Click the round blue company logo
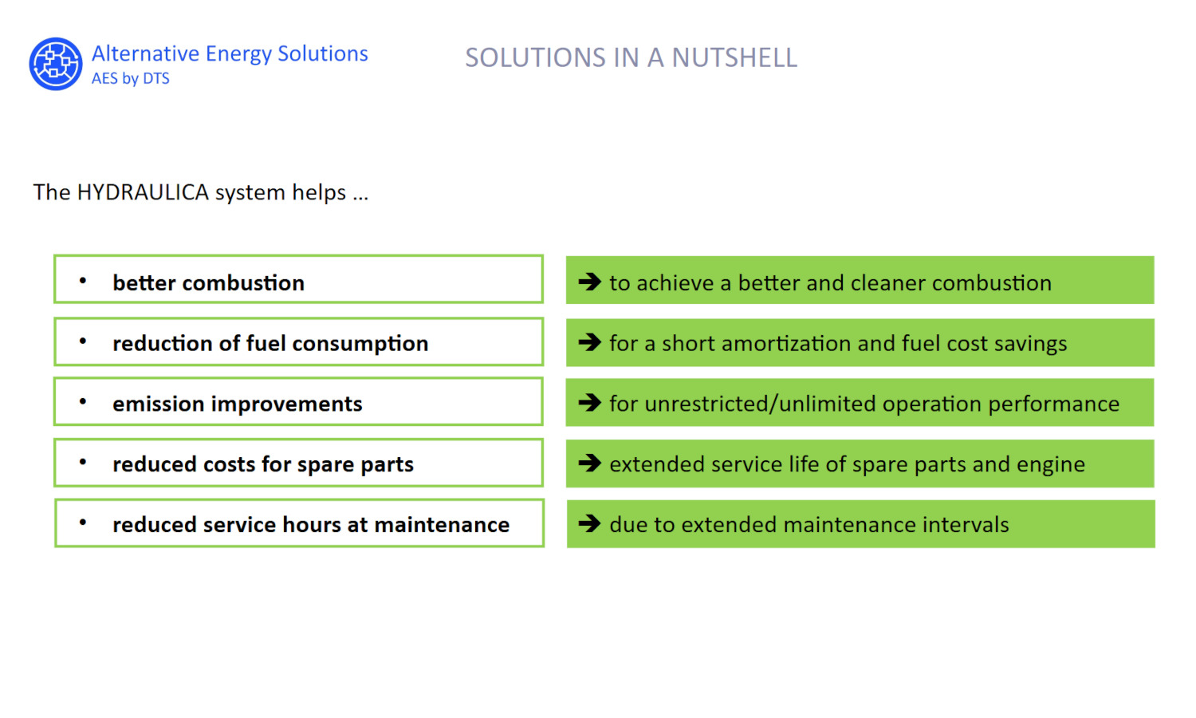[56, 64]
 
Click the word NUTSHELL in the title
[734, 57]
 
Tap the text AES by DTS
[130, 78]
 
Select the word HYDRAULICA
[143, 192]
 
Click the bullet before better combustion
[83, 280]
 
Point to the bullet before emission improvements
[83, 401]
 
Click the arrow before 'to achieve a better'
[589, 282]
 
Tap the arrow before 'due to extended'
[589, 523]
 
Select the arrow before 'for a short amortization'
[589, 342]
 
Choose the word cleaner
[887, 283]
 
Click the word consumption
[360, 344]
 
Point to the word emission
[159, 404]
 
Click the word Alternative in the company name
[145, 53]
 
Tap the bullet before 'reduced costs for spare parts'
[83, 462]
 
